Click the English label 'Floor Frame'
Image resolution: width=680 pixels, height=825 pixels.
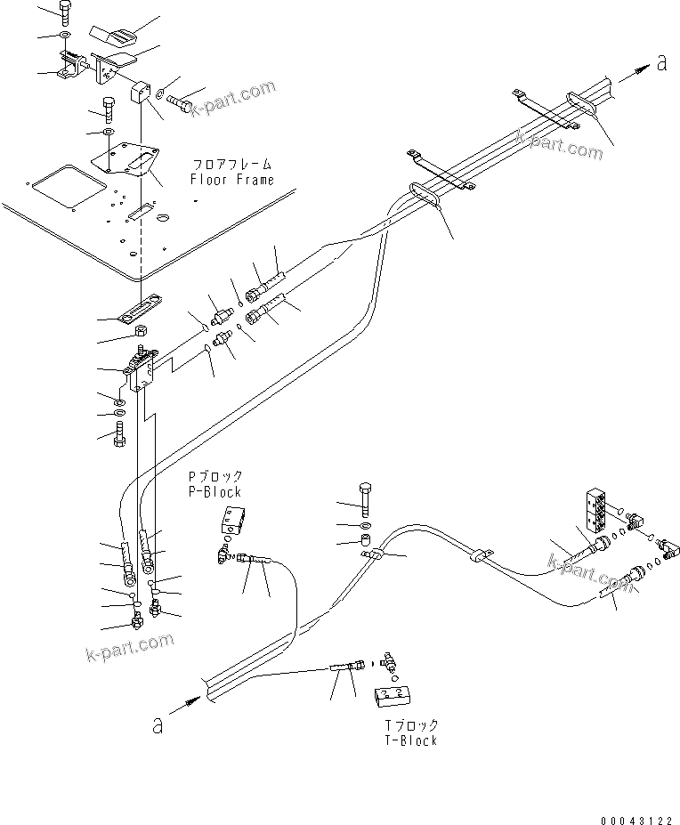click(x=231, y=179)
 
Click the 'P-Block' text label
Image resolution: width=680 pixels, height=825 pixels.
click(x=213, y=491)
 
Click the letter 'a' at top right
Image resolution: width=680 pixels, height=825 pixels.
click(x=660, y=62)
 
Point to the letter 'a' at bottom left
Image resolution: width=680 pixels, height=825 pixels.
click(x=158, y=725)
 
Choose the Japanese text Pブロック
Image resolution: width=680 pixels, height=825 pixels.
click(x=213, y=477)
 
